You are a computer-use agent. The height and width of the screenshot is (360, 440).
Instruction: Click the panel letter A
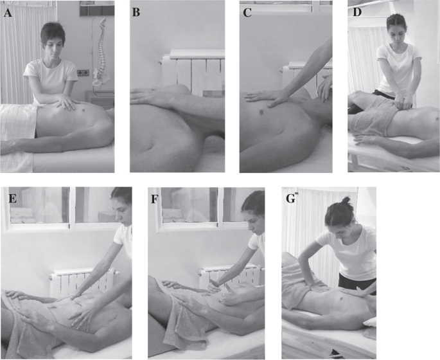[x=8, y=13]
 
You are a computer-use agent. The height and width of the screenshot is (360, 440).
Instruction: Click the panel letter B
[x=136, y=12]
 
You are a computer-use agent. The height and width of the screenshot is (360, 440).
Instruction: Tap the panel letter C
[x=247, y=13]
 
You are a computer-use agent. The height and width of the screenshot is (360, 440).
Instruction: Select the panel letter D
[x=356, y=12]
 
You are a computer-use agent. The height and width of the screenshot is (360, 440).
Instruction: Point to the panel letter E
[x=13, y=199]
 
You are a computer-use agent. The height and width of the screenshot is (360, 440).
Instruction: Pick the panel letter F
[x=154, y=199]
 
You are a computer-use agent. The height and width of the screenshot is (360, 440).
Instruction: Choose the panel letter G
[x=291, y=199]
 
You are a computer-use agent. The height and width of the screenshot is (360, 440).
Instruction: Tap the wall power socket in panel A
[x=83, y=73]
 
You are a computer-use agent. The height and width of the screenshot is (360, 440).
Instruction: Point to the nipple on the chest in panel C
[x=261, y=113]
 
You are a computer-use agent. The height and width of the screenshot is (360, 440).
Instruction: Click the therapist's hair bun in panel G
[x=347, y=200]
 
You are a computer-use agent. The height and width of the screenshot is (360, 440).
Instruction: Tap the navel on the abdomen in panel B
[x=152, y=146]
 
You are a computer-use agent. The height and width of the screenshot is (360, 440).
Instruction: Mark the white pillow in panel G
[x=371, y=323]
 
